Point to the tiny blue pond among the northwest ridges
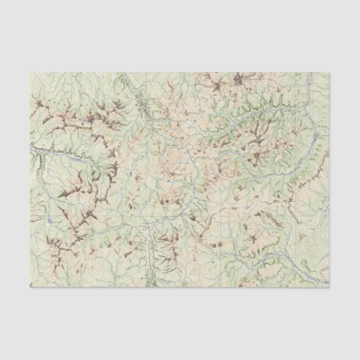[x=82, y=122]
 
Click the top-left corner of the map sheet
[x=30, y=72]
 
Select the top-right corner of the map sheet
[x=329, y=72]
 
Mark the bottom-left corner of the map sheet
[x=30, y=287]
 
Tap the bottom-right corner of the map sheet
[x=329, y=287]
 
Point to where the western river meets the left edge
[x=31, y=149]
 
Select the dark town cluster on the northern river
[x=146, y=106]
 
